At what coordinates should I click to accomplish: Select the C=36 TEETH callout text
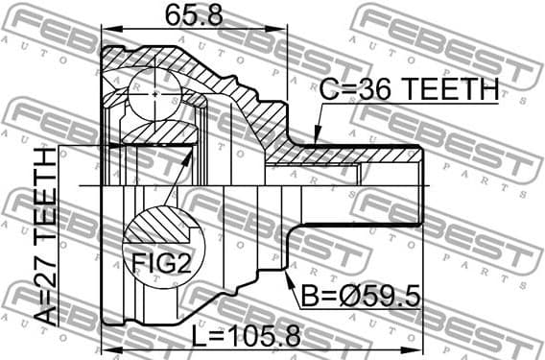coord(409,92)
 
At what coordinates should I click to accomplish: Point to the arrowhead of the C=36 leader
coord(314,144)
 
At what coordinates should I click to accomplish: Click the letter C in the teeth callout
coord(328,92)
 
